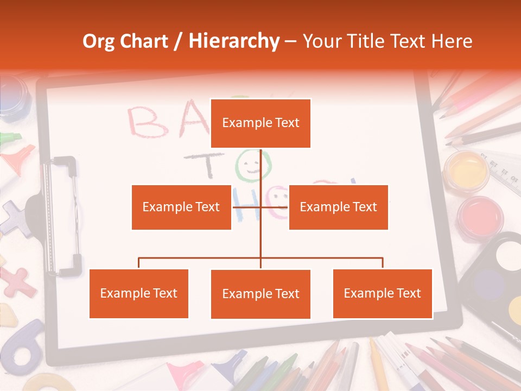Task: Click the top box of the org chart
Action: pyautogui.click(x=260, y=123)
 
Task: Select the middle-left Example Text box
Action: pyautogui.click(x=181, y=207)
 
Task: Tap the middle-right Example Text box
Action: pyautogui.click(x=338, y=207)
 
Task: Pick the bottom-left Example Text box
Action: pyautogui.click(x=139, y=293)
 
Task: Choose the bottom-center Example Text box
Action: pyautogui.click(x=260, y=294)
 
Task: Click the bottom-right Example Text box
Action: pyautogui.click(x=382, y=293)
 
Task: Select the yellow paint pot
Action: pyautogui.click(x=466, y=171)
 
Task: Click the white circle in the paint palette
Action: pyautogui.click(x=507, y=255)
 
